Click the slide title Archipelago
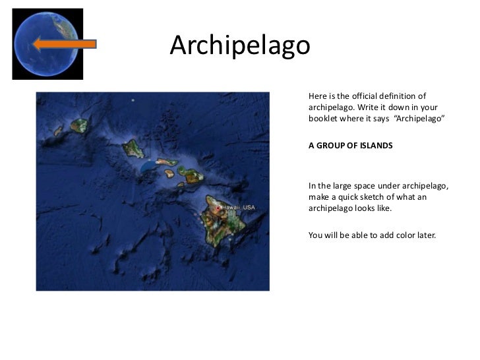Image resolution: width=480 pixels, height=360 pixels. point(239,45)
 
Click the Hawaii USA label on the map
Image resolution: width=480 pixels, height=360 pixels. point(238,208)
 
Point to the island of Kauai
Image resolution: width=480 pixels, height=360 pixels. point(80,124)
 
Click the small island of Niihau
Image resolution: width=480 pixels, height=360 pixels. point(58,131)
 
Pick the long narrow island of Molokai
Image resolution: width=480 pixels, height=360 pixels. point(165,162)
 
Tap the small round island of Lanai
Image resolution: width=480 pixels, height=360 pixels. point(169,173)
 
